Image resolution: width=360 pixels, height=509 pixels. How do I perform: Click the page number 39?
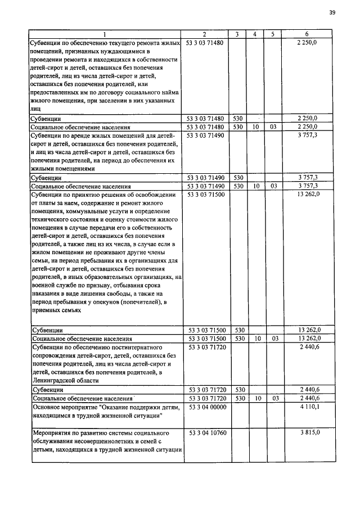[x=332, y=14]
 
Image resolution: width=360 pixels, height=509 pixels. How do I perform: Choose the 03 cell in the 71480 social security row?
[x=273, y=127]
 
